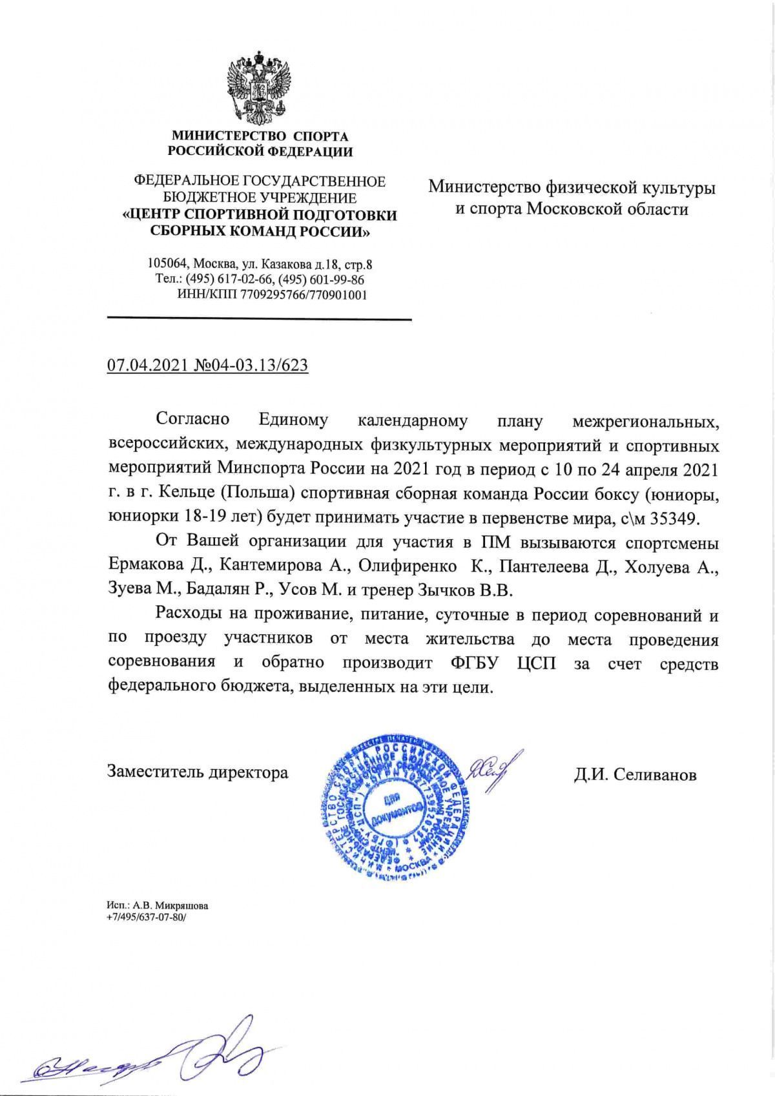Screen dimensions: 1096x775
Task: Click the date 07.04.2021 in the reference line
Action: click(x=145, y=366)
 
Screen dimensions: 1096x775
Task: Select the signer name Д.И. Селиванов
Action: click(x=635, y=774)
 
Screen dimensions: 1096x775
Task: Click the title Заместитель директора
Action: click(x=198, y=772)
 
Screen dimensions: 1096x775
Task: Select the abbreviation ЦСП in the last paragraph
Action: click(x=536, y=664)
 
